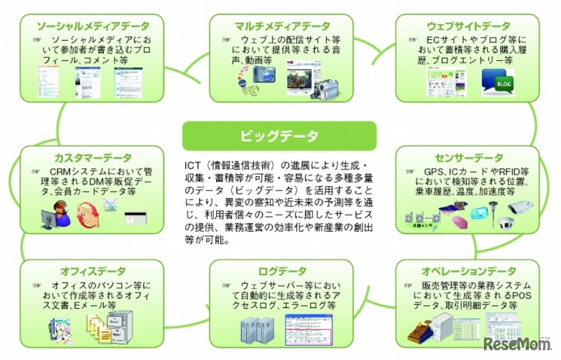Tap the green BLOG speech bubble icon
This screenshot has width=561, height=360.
click(498, 84)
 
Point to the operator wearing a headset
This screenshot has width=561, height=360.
click(60, 213)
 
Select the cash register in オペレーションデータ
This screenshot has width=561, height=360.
click(419, 327)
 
